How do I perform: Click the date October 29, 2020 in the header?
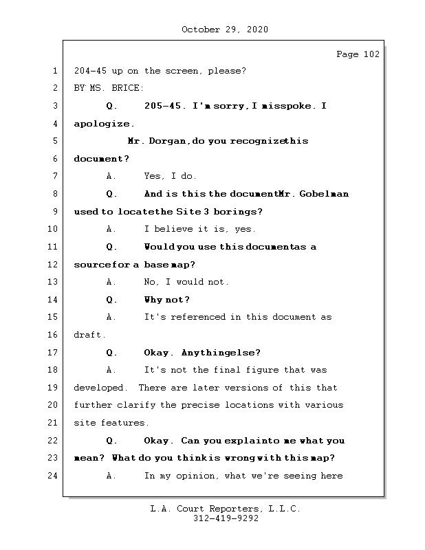click(225, 30)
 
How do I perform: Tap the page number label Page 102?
click(358, 54)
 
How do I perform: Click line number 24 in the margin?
click(54, 476)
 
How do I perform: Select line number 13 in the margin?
click(54, 282)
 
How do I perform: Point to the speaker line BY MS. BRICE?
click(109, 88)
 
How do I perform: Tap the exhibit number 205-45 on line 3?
click(165, 106)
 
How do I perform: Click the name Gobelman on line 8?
click(325, 194)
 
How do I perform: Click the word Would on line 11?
click(157, 247)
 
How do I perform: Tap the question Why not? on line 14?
click(166, 300)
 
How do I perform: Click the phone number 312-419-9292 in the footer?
click(226, 519)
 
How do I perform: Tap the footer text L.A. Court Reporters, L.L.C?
click(226, 509)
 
